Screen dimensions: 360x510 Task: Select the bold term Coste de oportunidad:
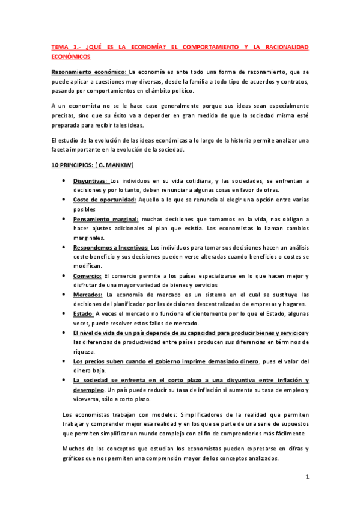[105, 200]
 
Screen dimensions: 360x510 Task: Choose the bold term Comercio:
[87, 276]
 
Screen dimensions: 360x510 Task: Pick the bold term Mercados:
[88, 295]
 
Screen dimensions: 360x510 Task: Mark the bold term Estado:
[83, 314]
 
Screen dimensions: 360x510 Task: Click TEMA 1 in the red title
[65, 46]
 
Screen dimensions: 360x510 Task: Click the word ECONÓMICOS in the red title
[70, 57]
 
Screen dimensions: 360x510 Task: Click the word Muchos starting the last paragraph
[75, 448]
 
